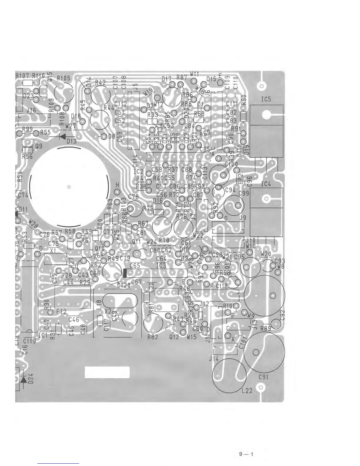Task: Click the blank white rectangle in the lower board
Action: click(107, 372)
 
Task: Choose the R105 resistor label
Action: click(64, 78)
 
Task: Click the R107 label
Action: click(23, 76)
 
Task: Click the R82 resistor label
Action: click(153, 337)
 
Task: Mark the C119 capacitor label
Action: click(29, 342)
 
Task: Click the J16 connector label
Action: click(31, 110)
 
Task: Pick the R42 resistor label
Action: click(100, 83)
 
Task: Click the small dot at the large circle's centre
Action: click(69, 186)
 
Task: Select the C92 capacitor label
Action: click(283, 315)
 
